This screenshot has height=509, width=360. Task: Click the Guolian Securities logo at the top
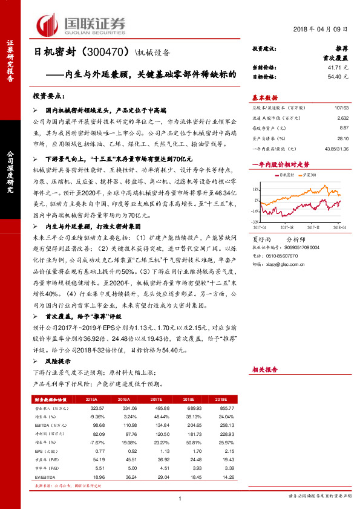pyautogui.click(x=81, y=24)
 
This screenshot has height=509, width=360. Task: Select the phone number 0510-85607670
pyautogui.click(x=280, y=256)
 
